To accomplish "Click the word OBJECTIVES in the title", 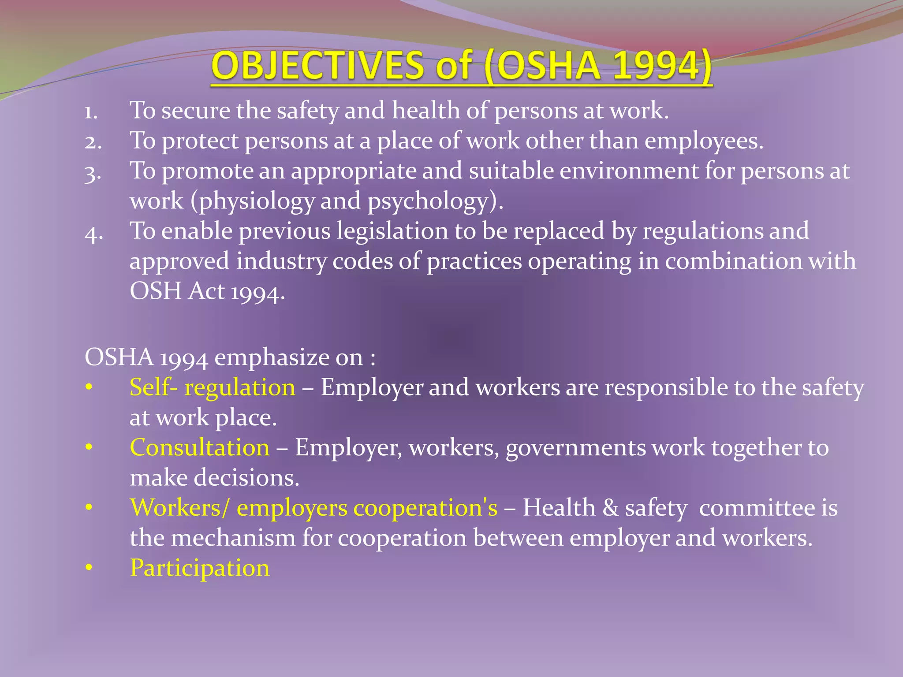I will (x=317, y=66).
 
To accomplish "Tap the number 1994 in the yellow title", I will (x=656, y=66).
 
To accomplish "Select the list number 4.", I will (x=93, y=233).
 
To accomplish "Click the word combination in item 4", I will (x=733, y=261).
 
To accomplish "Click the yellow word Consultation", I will (x=200, y=448).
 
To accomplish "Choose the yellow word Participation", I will (x=200, y=568).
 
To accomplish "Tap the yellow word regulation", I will (x=240, y=388).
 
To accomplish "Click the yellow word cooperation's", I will (x=425, y=508).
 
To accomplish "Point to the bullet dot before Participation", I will (x=89, y=568).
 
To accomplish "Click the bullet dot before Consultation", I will (x=89, y=448).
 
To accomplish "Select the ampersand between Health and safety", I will (x=610, y=508).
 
